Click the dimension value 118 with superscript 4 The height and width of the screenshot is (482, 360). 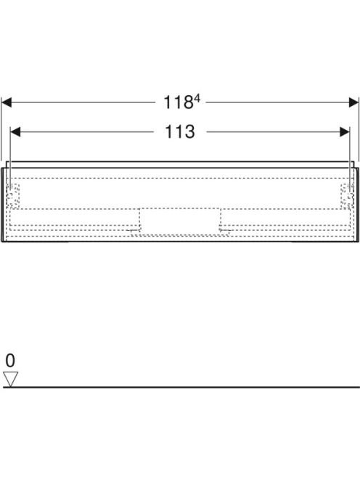[181, 102]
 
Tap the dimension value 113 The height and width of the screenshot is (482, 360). [180, 132]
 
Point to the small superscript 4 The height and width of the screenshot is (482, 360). [197, 99]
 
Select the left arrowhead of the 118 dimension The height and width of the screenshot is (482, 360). [7, 102]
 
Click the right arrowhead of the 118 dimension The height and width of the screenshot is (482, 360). [353, 102]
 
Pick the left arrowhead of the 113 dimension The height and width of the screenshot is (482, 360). [15, 132]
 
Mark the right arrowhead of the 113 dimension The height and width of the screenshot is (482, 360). [345, 132]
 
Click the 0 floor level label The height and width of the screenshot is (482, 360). [10, 360]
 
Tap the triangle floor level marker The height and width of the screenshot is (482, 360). [10, 377]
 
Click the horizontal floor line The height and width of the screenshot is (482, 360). [181, 388]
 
